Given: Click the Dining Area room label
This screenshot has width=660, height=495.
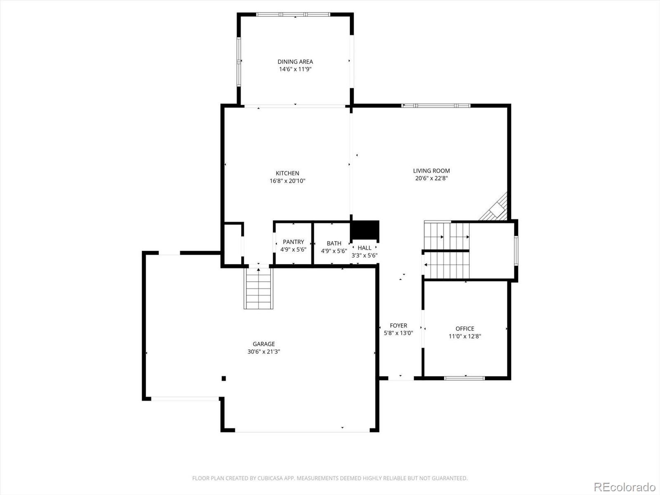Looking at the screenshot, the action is pyautogui.click(x=295, y=61).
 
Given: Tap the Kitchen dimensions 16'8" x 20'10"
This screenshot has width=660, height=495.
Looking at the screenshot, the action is pyautogui.click(x=288, y=181).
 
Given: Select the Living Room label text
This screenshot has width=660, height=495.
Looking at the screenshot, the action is pyautogui.click(x=431, y=171).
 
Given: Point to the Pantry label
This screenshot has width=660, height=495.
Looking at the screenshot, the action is pyautogui.click(x=293, y=242).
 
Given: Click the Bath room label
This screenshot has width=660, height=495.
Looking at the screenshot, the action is pyautogui.click(x=334, y=243).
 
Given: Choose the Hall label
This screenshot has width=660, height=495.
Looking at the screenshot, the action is pyautogui.click(x=364, y=248).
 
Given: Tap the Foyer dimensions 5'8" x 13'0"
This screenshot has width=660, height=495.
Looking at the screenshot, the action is pyautogui.click(x=398, y=333).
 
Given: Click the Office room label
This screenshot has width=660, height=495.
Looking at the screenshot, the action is pyautogui.click(x=465, y=329).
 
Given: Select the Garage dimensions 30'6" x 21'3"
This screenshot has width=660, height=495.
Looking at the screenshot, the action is pyautogui.click(x=264, y=351).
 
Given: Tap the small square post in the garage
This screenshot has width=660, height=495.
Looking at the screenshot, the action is pyautogui.click(x=224, y=378).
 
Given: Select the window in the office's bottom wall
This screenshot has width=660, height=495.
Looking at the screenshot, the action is pyautogui.click(x=464, y=378).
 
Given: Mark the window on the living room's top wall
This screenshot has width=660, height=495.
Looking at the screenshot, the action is pyautogui.click(x=436, y=106).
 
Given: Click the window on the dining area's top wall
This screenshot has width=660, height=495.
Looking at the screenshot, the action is pyautogui.click(x=293, y=14).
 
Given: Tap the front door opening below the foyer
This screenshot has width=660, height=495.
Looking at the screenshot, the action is pyautogui.click(x=401, y=378).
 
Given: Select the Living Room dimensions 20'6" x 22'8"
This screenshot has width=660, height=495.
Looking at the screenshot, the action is pyautogui.click(x=431, y=178).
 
